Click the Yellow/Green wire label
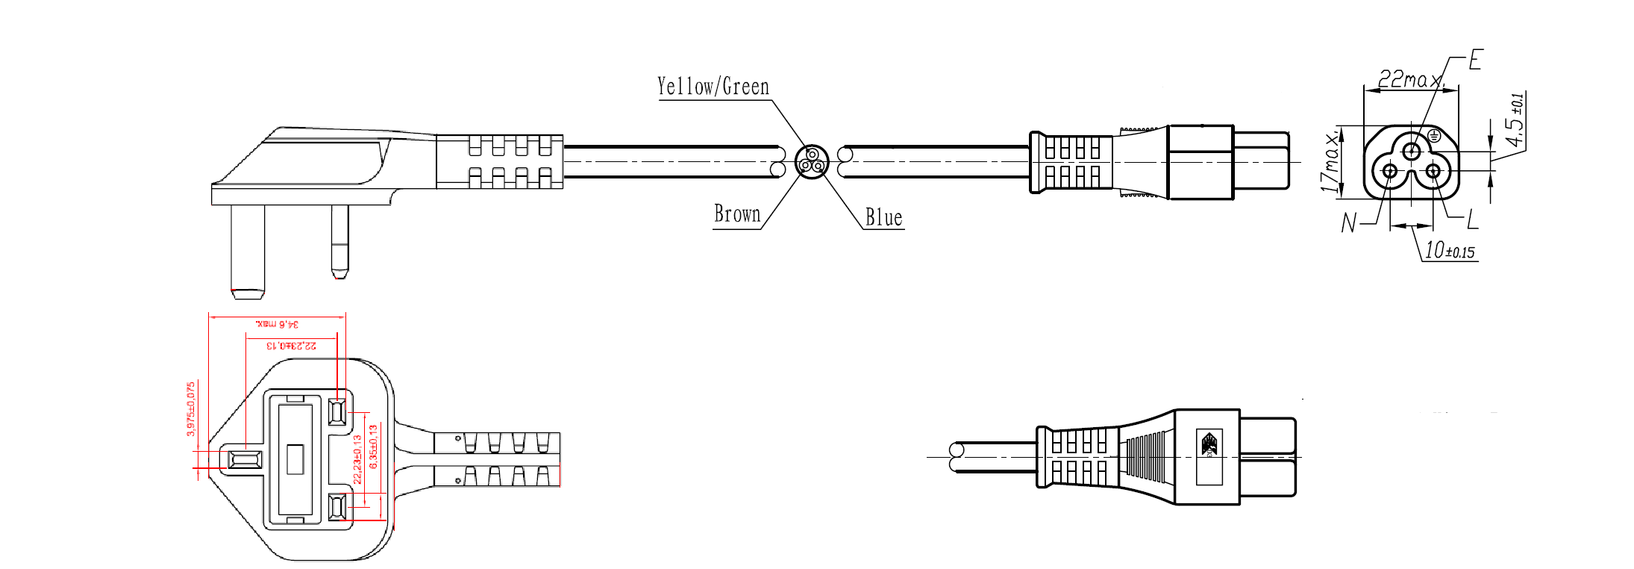pyautogui.click(x=713, y=87)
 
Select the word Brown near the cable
pyautogui.click(x=737, y=214)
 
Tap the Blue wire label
pyautogui.click(x=883, y=218)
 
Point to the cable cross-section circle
pyautogui.click(x=812, y=161)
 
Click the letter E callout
pyautogui.click(x=1475, y=60)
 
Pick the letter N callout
pyautogui.click(x=1348, y=223)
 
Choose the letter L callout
pyautogui.click(x=1472, y=220)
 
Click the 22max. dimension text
pyautogui.click(x=1409, y=79)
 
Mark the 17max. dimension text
pyautogui.click(x=1330, y=163)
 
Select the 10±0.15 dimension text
pyautogui.click(x=1450, y=251)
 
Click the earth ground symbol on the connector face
pyautogui.click(x=1434, y=136)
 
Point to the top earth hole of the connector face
pyautogui.click(x=1411, y=152)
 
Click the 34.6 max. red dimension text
pyautogui.click(x=277, y=324)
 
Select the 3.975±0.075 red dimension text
pyautogui.click(x=191, y=408)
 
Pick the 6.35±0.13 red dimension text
pyautogui.click(x=374, y=447)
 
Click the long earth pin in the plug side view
pyautogui.click(x=248, y=250)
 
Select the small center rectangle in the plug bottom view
pyautogui.click(x=295, y=459)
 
